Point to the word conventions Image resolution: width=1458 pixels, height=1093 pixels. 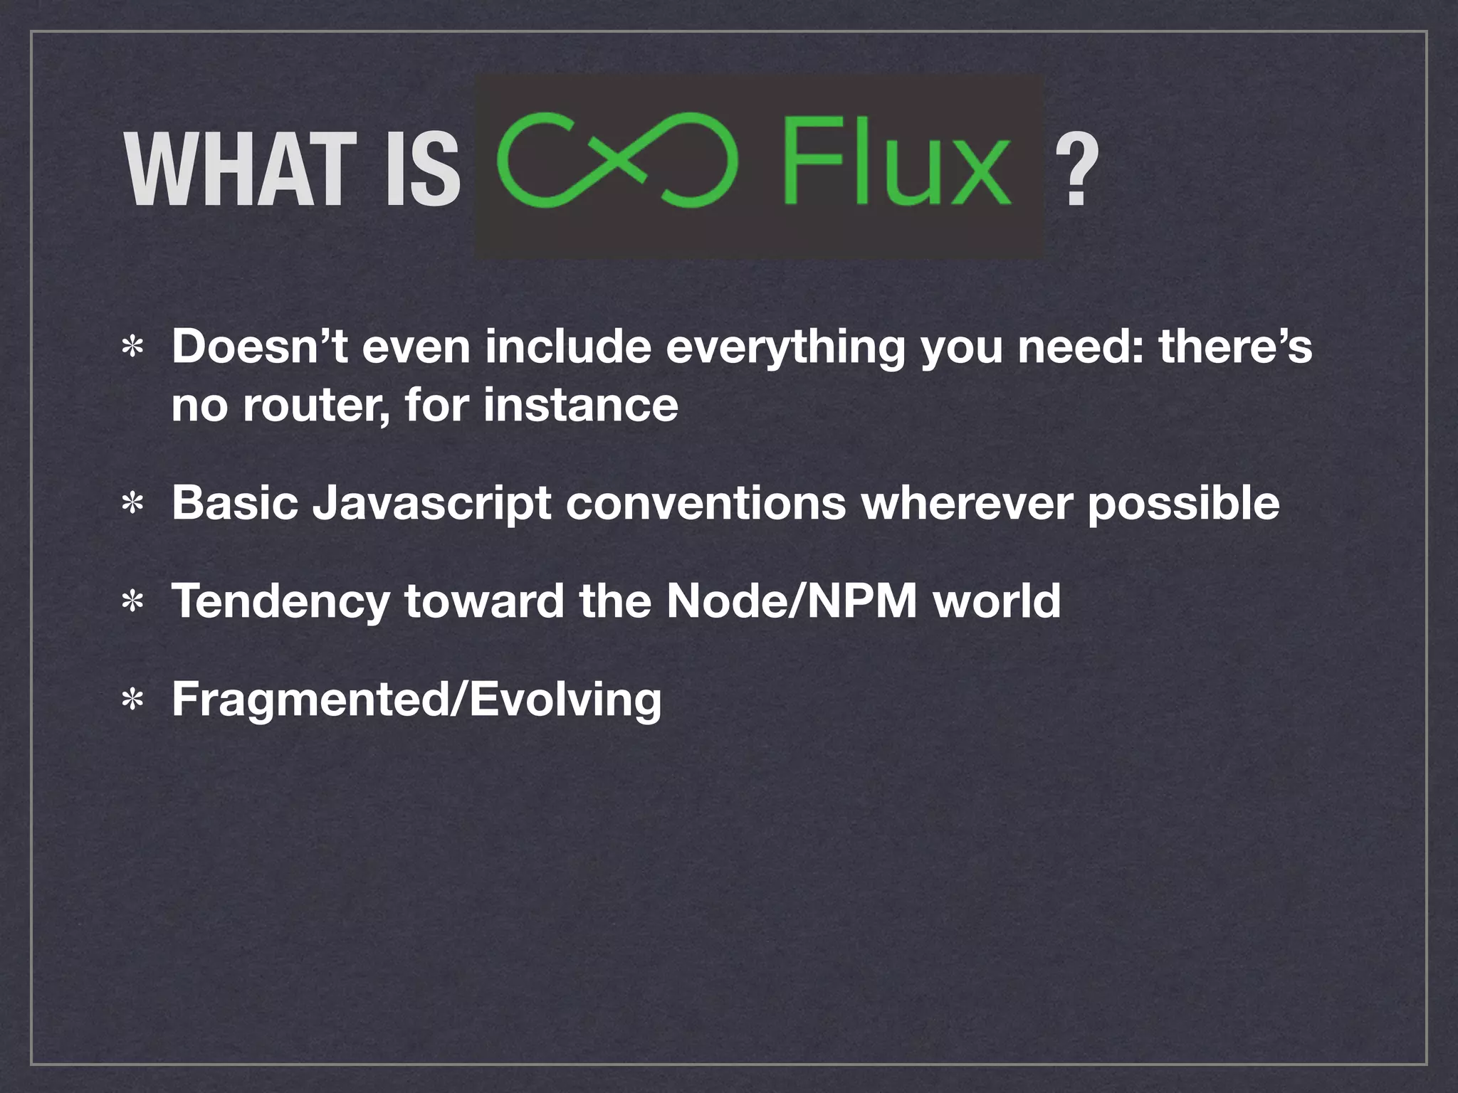tap(706, 503)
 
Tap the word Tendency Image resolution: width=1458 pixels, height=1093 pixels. tap(280, 602)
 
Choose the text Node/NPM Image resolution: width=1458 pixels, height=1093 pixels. tap(792, 601)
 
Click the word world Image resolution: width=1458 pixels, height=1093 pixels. tap(997, 601)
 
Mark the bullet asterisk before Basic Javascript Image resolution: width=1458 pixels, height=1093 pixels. tap(132, 505)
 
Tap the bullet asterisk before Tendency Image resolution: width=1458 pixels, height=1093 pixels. tap(132, 603)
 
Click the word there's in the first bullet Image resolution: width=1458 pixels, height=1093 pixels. tap(1234, 347)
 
